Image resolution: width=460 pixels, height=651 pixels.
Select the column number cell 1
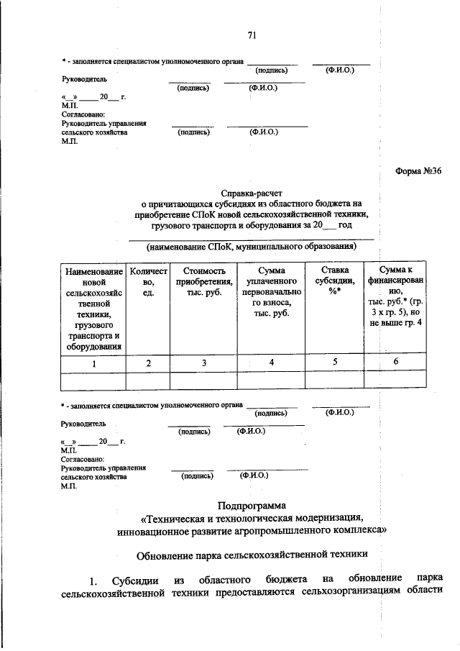coord(93,363)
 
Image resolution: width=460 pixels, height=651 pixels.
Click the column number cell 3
coord(203,363)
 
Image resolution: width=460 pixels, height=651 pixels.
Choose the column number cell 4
coord(271,363)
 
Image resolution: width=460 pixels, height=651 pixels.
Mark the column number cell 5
coord(335,363)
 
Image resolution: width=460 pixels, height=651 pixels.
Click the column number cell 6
coord(396,363)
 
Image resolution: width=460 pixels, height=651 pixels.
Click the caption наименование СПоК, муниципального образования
coord(252,247)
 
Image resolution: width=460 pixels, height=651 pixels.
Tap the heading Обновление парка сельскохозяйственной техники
coord(252,554)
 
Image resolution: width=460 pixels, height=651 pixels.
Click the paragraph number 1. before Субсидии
coord(93,581)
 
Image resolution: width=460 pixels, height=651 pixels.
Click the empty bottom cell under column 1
coord(93,381)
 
